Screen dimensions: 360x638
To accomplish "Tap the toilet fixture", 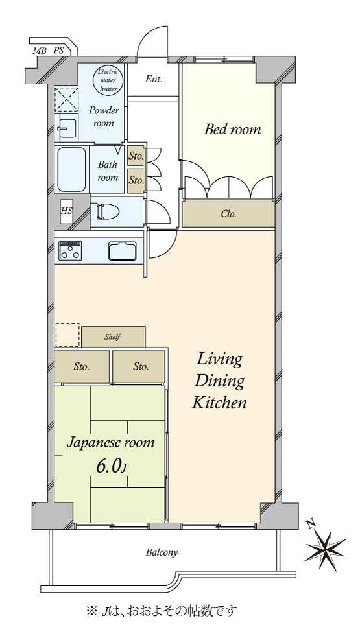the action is (104, 211).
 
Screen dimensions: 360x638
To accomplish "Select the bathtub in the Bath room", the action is (71, 169).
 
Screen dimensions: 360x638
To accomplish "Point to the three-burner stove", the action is (70, 250).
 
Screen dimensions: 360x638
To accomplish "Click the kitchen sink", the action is (122, 250).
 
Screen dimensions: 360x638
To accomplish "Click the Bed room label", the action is (232, 130).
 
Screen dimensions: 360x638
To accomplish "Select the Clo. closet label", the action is (228, 215).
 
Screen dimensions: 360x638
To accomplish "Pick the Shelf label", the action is (112, 337).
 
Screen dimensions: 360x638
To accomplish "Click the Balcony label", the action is (162, 553).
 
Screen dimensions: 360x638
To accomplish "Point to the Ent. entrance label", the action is (154, 79).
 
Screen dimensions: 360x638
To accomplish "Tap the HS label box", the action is (66, 211).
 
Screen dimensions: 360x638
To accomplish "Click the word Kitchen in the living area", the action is (219, 403).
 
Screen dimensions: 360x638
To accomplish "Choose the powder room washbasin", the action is (66, 127).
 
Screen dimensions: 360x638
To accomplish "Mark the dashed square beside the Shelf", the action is (67, 335).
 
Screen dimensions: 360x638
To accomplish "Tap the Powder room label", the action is (104, 116).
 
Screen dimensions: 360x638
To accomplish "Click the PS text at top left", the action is (58, 51).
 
